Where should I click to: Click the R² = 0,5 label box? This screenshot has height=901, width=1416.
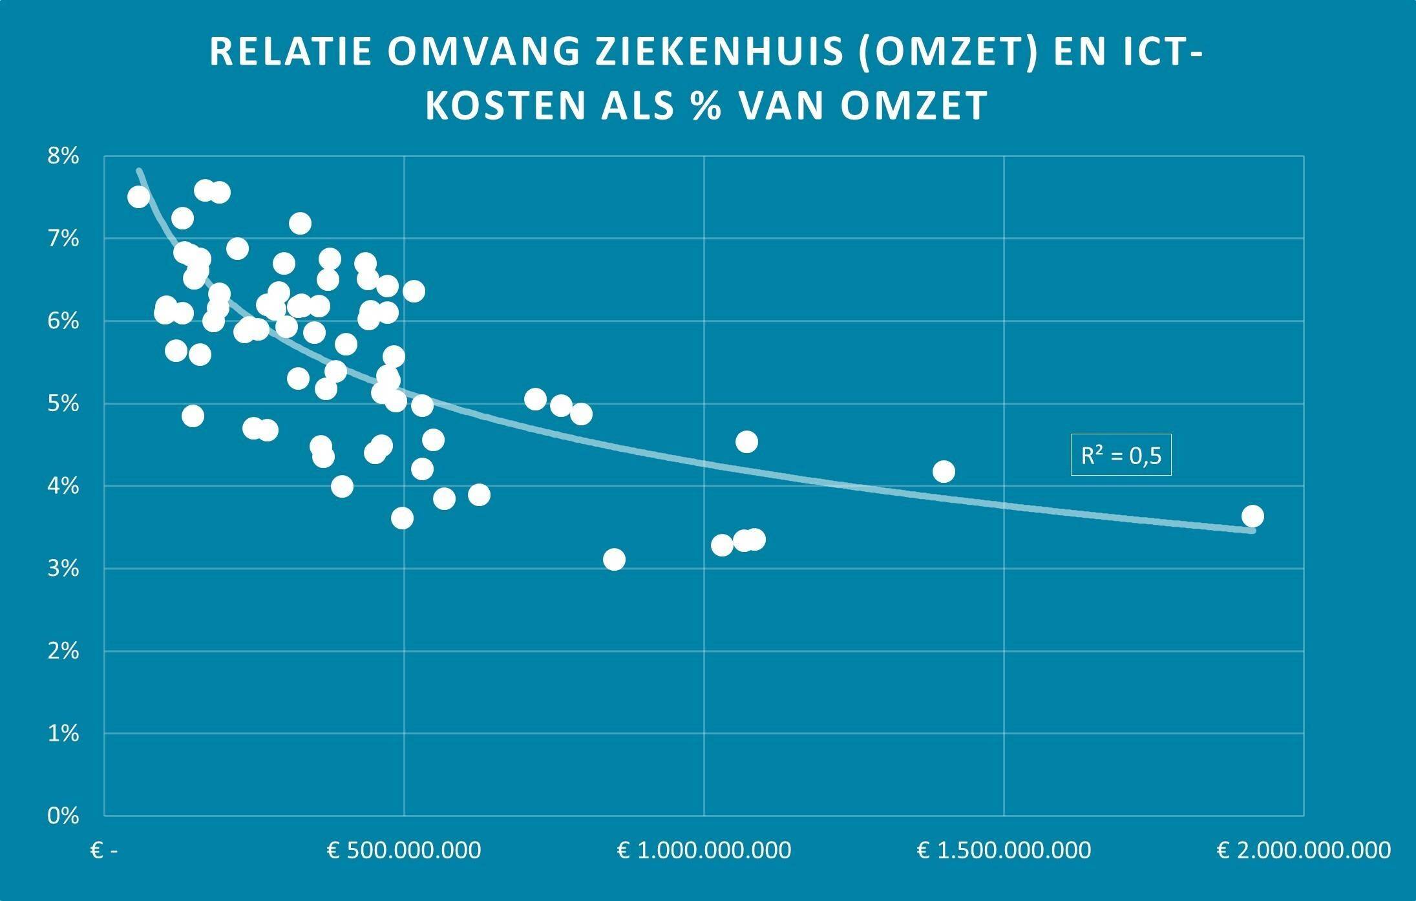point(1121,456)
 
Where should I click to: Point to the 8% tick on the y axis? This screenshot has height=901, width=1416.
point(63,156)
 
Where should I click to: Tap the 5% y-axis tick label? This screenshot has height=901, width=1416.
point(63,403)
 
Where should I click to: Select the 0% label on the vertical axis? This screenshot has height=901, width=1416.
point(63,816)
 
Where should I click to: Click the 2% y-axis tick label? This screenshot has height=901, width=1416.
point(63,651)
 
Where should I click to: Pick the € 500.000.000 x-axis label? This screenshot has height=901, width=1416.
point(404,850)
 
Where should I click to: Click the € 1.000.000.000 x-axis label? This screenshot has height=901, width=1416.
point(704,850)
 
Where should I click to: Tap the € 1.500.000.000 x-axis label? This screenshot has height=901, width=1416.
point(1004,850)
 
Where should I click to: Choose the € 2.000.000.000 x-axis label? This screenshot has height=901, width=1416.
point(1304,850)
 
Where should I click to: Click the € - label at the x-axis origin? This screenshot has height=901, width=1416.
point(104,850)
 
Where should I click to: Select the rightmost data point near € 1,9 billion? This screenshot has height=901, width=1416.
point(1252,516)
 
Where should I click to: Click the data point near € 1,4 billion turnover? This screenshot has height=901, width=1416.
point(944,471)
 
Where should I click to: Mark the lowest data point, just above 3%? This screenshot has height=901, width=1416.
point(614,559)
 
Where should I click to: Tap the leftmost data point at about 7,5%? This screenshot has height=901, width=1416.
point(138,196)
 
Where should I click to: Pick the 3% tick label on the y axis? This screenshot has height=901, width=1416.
point(63,568)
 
